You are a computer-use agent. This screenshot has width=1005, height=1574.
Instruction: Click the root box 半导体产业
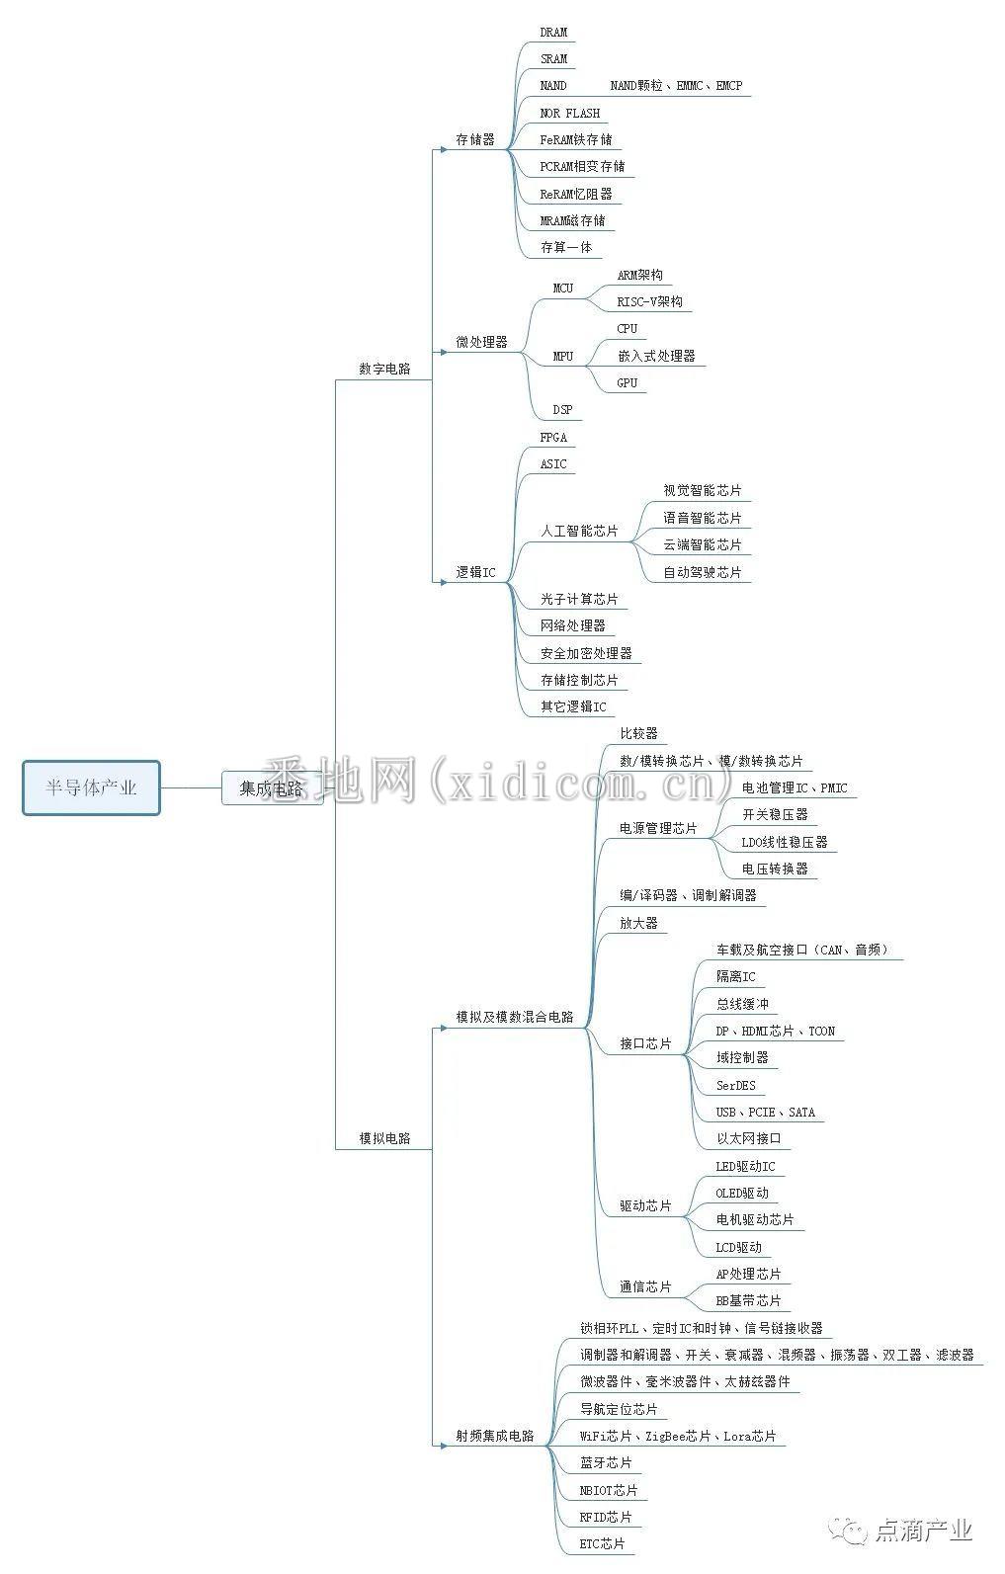click(x=91, y=787)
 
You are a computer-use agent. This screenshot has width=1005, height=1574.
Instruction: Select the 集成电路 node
click(x=273, y=788)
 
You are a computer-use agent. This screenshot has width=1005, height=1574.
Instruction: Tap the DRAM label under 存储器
click(x=553, y=33)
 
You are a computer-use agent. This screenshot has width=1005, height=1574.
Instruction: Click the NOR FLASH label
click(x=570, y=113)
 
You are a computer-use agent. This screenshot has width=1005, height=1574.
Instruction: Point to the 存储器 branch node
click(x=475, y=140)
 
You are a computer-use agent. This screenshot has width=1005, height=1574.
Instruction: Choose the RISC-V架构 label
click(x=650, y=301)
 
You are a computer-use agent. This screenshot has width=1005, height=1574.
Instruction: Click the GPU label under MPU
click(x=627, y=383)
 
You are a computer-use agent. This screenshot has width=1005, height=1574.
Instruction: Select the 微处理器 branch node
click(x=481, y=342)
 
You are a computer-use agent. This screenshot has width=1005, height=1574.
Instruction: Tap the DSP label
click(x=562, y=410)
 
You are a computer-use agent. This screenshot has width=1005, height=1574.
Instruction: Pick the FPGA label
click(x=553, y=437)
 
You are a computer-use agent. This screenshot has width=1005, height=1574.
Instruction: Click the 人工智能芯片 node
click(x=579, y=532)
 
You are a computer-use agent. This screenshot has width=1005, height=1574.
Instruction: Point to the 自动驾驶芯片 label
click(x=702, y=572)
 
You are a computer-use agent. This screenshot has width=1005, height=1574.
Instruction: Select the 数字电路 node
click(x=384, y=369)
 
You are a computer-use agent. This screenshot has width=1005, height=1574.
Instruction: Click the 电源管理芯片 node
click(x=658, y=828)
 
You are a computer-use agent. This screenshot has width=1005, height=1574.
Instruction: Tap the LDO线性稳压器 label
click(x=785, y=842)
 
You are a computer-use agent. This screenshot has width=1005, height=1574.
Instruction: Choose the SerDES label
click(x=736, y=1086)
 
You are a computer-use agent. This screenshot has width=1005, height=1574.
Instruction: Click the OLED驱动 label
click(x=742, y=1194)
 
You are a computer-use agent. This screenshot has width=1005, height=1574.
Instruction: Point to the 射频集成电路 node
click(x=495, y=1437)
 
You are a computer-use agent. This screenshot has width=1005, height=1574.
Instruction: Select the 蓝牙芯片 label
click(x=606, y=1463)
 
